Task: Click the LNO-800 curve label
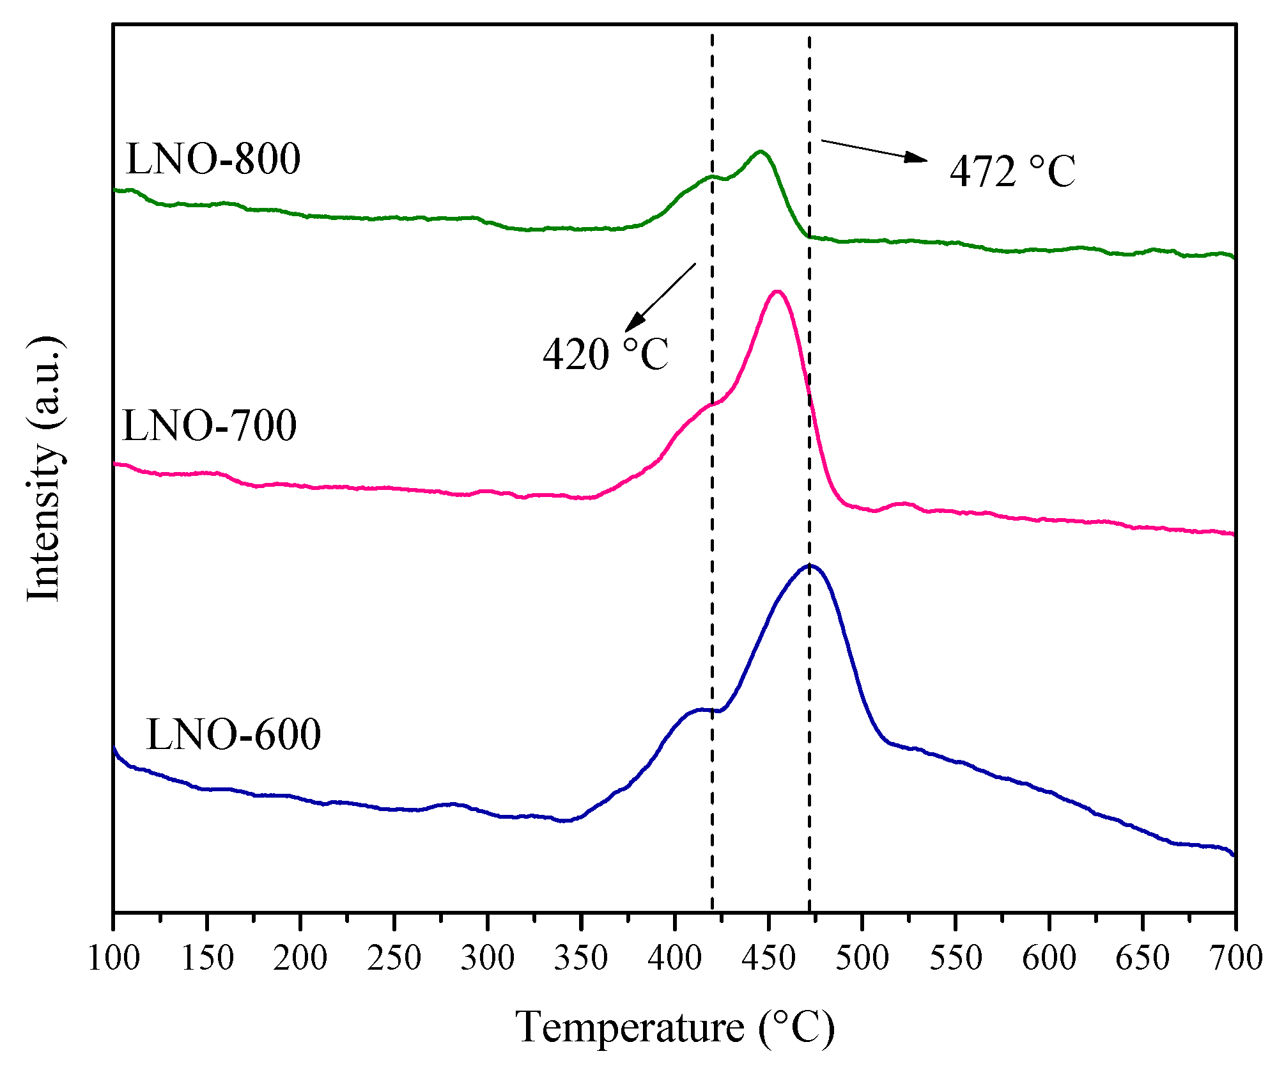pyautogui.click(x=213, y=159)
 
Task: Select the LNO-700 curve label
pyautogui.click(x=209, y=425)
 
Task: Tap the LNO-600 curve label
pyautogui.click(x=233, y=734)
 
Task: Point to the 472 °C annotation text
pyautogui.click(x=1012, y=171)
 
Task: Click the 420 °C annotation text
pyautogui.click(x=605, y=354)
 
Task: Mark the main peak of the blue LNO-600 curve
pyautogui.click(x=810, y=565)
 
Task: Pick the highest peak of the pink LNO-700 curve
pyautogui.click(x=777, y=292)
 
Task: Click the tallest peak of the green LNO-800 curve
pyautogui.click(x=760, y=152)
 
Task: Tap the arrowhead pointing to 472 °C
pyautogui.click(x=918, y=158)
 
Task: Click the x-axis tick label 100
pyautogui.click(x=113, y=958)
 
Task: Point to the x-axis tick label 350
pyautogui.click(x=581, y=958)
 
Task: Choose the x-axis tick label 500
pyautogui.click(x=862, y=958)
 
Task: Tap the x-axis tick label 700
pyautogui.click(x=1235, y=958)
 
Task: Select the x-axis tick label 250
pyautogui.click(x=394, y=958)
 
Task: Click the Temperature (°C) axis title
pyautogui.click(x=675, y=1027)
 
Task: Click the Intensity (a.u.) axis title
pyautogui.click(x=45, y=468)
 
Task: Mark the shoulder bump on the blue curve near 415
pyautogui.click(x=701, y=709)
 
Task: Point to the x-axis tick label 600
pyautogui.click(x=1049, y=958)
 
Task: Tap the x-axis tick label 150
pyautogui.click(x=207, y=958)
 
